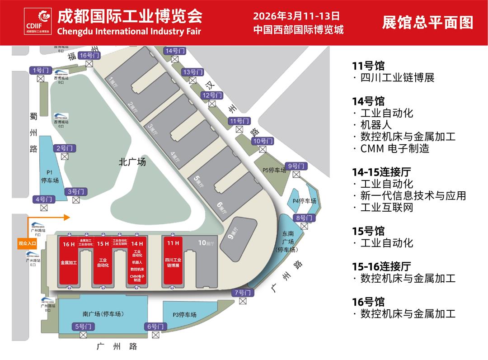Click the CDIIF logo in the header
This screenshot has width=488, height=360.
pyautogui.click(x=38, y=21)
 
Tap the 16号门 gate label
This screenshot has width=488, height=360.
pyautogui.click(x=89, y=55)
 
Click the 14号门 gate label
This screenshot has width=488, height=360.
pyautogui.click(x=175, y=51)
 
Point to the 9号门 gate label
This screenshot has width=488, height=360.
pyautogui.click(x=297, y=166)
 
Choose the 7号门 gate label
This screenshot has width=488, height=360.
pyautogui.click(x=243, y=293)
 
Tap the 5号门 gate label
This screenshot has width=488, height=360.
pyautogui.click(x=83, y=326)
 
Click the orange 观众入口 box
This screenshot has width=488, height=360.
pyautogui.click(x=27, y=243)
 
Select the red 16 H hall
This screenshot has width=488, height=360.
pyautogui.click(x=69, y=262)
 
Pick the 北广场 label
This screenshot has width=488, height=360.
pyautogui.click(x=132, y=162)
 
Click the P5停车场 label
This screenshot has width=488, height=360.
pyautogui.click(x=274, y=171)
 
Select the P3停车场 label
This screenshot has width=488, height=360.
pyautogui.click(x=184, y=315)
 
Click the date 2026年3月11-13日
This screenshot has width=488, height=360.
pyautogui.click(x=296, y=16)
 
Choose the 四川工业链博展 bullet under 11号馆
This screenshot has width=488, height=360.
pyautogui.click(x=397, y=78)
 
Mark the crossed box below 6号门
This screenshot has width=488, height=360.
pyautogui.click(x=156, y=335)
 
